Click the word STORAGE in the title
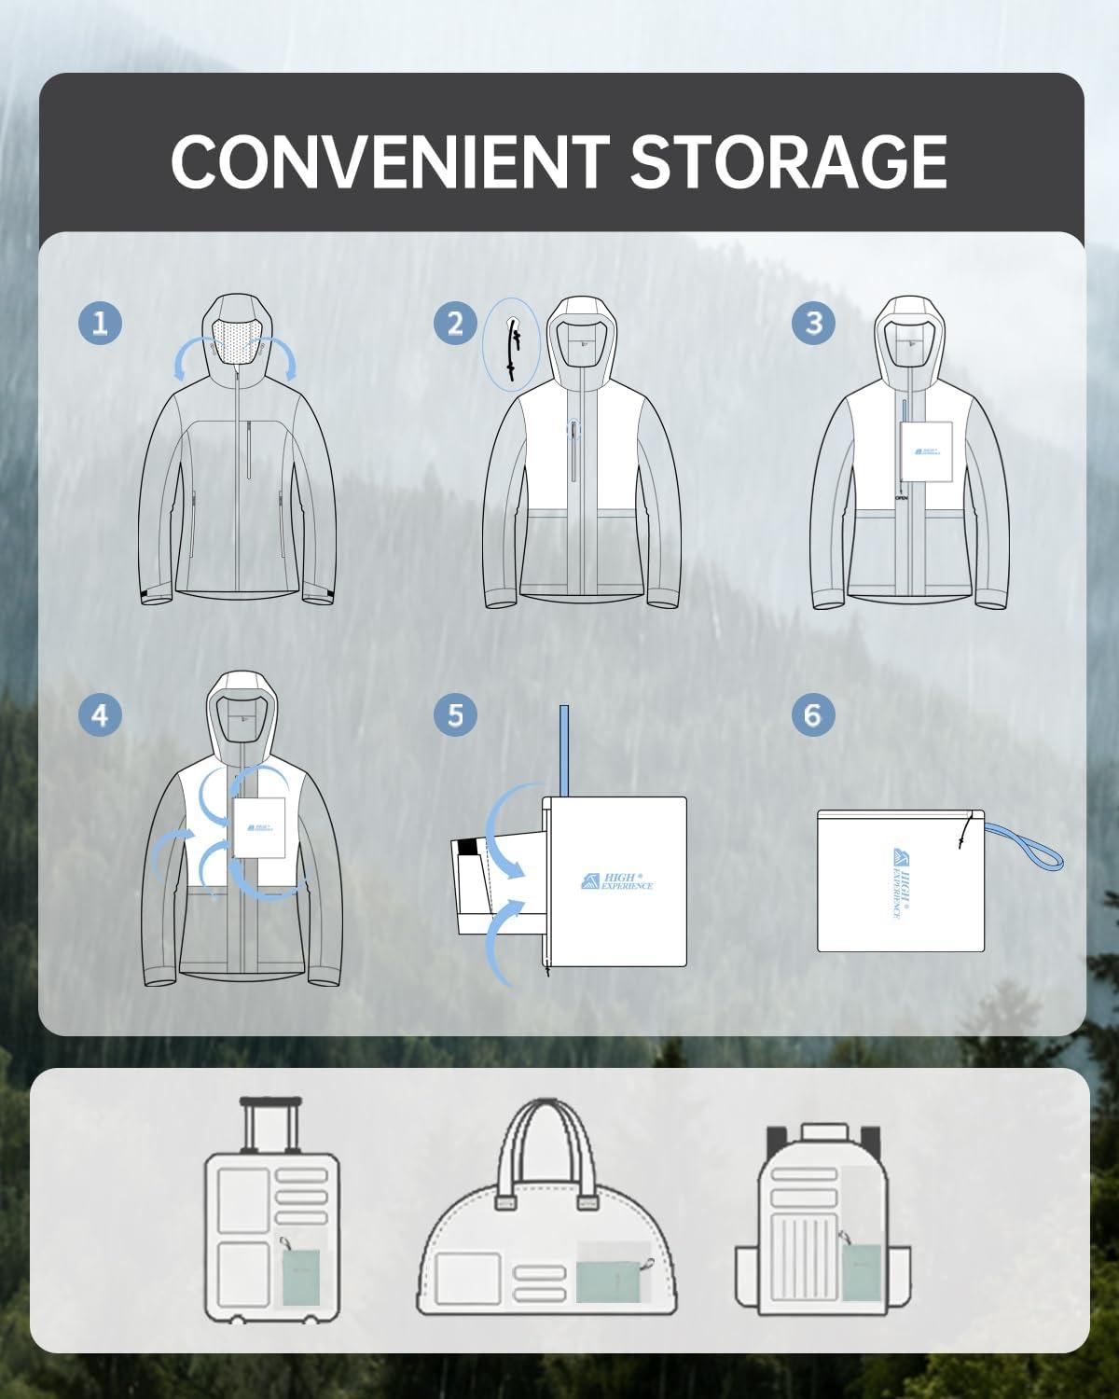(788, 161)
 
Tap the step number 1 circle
(100, 323)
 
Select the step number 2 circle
(455, 323)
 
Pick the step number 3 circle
(813, 323)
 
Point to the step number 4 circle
(100, 715)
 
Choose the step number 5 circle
(455, 715)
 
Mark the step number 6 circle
(813, 715)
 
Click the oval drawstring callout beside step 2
(512, 344)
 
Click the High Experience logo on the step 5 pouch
(616, 880)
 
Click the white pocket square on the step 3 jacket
(926, 451)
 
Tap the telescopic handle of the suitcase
(272, 1124)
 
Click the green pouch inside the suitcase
(300, 1277)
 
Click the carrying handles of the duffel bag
(547, 1152)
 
